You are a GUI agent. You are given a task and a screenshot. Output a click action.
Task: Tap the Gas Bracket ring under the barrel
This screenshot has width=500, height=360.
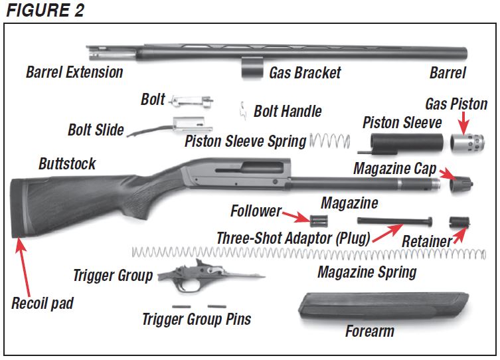pyautogui.click(x=252, y=68)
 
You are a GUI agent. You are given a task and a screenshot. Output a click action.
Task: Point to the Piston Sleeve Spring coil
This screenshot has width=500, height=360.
pyautogui.click(x=330, y=140)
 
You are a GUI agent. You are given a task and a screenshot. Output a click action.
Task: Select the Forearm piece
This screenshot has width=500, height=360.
pyautogui.click(x=384, y=307)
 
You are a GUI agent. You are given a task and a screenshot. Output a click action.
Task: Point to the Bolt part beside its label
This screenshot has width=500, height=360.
pyautogui.click(x=191, y=100)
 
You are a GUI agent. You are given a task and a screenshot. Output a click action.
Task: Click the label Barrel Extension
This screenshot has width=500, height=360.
pyautogui.click(x=74, y=72)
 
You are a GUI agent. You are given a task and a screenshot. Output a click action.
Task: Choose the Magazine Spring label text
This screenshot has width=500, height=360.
pyautogui.click(x=367, y=272)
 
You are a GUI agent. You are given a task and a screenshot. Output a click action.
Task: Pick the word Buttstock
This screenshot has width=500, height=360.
pyautogui.click(x=67, y=163)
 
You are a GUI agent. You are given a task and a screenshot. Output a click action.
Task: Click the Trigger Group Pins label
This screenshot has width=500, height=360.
pyautogui.click(x=197, y=319)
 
